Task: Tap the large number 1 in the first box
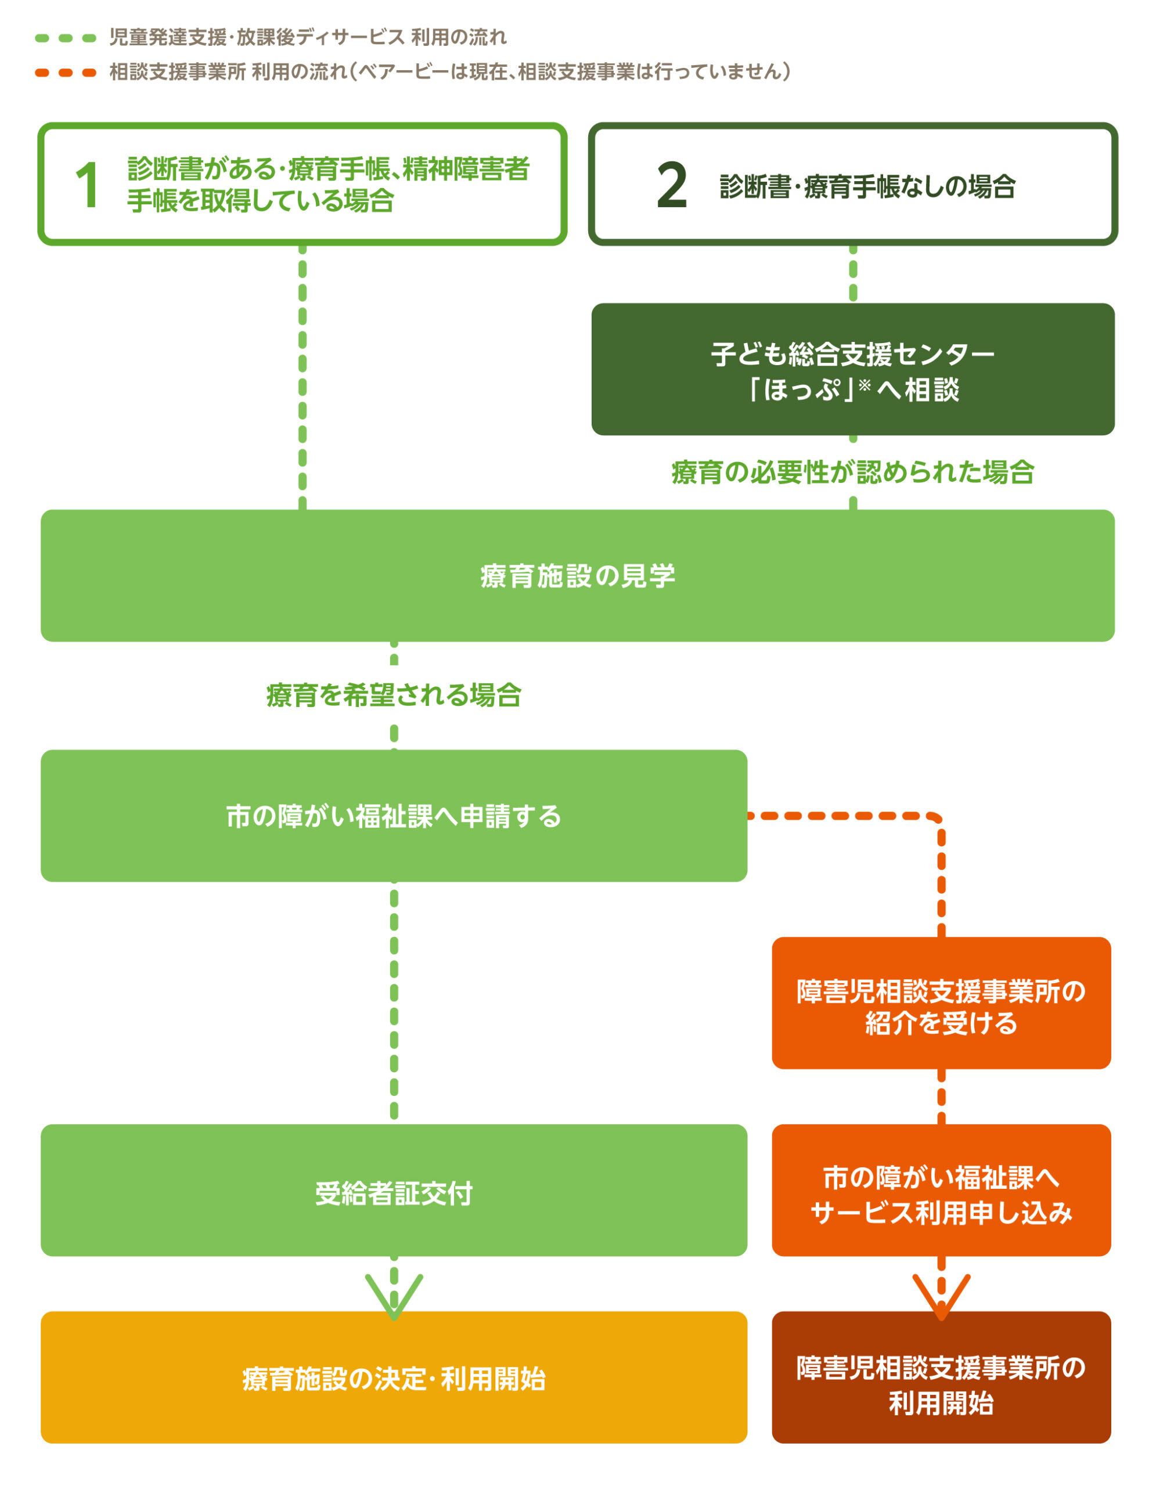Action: (88, 185)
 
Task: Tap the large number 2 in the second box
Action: (672, 185)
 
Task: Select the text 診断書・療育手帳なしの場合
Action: (867, 186)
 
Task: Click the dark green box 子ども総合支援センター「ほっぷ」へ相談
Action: (852, 369)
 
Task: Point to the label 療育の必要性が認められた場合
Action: (852, 472)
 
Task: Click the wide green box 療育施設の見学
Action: (578, 576)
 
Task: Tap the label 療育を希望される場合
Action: (394, 695)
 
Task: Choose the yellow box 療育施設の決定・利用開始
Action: (394, 1379)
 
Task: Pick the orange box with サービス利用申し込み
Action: (941, 1194)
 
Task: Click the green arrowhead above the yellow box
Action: (394, 1296)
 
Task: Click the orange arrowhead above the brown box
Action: (941, 1296)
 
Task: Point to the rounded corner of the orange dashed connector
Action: (935, 819)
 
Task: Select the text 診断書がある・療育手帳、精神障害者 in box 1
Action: (329, 169)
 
